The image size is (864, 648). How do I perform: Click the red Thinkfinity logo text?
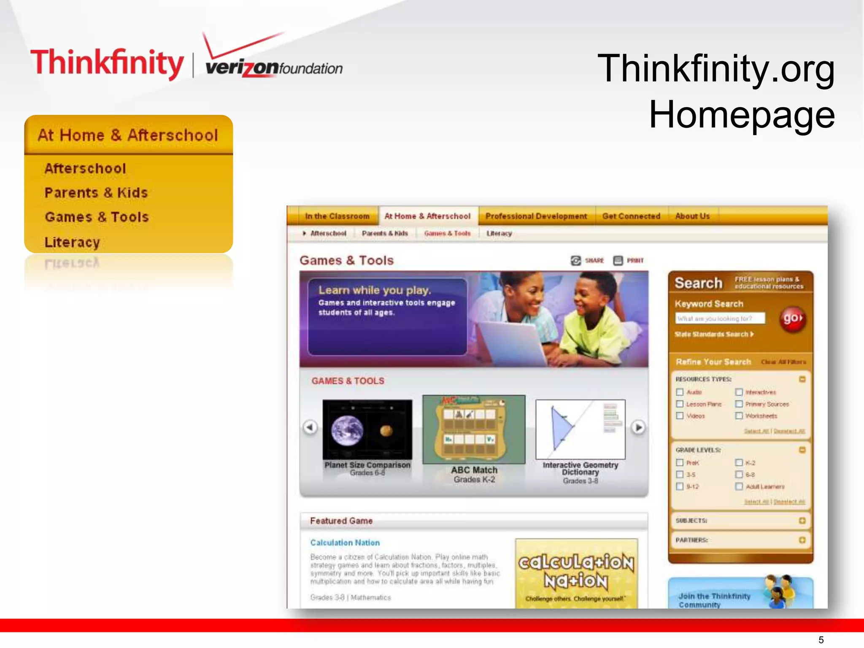107,63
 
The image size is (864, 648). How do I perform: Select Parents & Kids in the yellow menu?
96,193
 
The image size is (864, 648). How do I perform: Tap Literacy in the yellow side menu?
72,242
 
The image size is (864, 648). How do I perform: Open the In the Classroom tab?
337,216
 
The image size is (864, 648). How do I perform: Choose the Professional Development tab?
536,216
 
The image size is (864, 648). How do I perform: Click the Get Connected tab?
631,216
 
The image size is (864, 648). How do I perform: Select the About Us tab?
692,216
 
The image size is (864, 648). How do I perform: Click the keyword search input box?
720,319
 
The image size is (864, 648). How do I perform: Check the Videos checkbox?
680,416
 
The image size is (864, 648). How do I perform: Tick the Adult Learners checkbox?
739,486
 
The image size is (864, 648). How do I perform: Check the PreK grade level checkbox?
680,463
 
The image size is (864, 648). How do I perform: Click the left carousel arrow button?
310,427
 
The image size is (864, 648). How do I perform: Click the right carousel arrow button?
638,427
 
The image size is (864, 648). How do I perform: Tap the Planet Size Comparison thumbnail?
367,429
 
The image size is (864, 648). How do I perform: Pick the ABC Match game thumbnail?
474,429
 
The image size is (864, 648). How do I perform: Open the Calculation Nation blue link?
345,543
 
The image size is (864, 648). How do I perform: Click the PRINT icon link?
629,261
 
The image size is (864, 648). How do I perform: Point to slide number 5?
821,640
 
